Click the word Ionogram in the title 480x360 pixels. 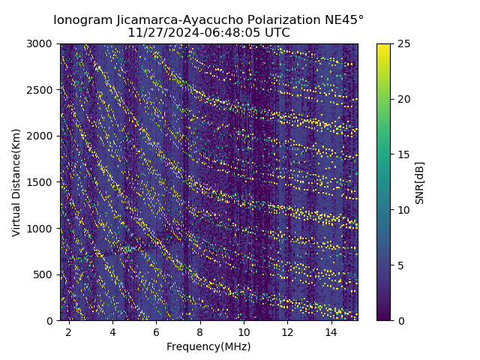tap(80, 20)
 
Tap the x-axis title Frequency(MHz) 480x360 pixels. tap(208, 346)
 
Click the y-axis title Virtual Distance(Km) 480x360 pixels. tap(16, 182)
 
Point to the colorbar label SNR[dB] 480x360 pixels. tap(420, 182)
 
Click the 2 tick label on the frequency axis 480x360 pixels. tap(69, 331)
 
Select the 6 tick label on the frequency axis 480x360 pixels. tap(156, 331)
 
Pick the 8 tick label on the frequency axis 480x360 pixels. tap(200, 331)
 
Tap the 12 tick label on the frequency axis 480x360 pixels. tap(287, 331)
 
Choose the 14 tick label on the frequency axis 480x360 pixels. tap(331, 331)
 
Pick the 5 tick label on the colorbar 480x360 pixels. tap(400, 265)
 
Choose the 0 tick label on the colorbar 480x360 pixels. tap(400, 320)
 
